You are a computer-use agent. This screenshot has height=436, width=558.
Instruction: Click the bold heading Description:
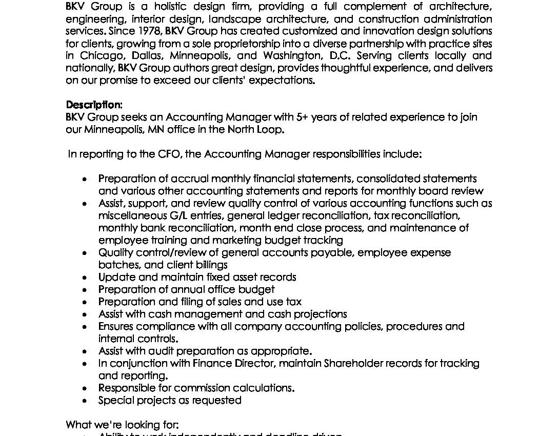tap(94, 105)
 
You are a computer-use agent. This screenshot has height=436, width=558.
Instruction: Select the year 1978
tap(150, 31)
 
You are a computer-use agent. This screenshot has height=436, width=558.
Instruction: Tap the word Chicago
tap(98, 56)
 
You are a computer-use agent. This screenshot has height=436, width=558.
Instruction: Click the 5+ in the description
tap(302, 117)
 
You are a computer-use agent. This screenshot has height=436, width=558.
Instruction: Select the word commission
tap(200, 388)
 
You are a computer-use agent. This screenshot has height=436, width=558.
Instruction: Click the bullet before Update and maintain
tap(85, 278)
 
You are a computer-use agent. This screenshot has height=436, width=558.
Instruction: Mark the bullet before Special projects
tap(85, 401)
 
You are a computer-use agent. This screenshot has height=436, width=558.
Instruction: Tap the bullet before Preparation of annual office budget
tap(85, 290)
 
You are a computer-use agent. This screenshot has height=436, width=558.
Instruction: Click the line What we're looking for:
tap(122, 425)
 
